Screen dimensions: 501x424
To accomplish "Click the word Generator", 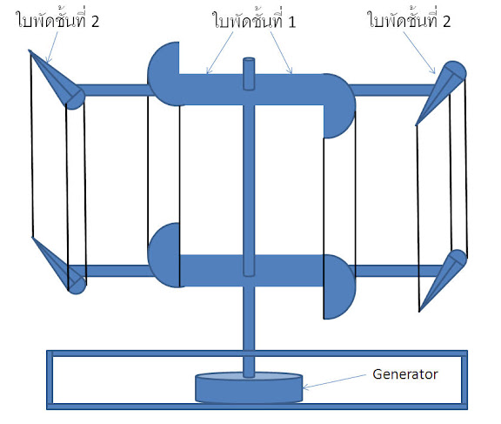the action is click(x=404, y=374).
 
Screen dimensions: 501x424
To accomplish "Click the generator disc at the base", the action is click(x=249, y=387).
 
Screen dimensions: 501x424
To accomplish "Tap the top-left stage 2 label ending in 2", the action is click(x=57, y=20).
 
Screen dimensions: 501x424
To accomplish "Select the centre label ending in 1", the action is click(x=255, y=20).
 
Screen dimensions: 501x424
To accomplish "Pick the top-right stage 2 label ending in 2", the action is click(x=410, y=20).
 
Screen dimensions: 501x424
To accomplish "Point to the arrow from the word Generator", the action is click(x=334, y=381).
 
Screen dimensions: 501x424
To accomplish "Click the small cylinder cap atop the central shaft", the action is click(x=249, y=73).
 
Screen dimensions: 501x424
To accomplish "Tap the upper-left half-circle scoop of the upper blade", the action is click(x=163, y=73).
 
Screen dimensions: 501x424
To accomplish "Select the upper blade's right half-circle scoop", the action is click(x=339, y=106).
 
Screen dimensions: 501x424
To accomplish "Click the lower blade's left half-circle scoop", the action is click(x=164, y=255).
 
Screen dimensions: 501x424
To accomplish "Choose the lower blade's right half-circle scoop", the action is click(x=339, y=286).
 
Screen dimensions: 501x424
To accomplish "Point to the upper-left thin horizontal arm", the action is click(x=112, y=90).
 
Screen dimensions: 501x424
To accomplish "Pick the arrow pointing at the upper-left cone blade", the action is click(x=52, y=47).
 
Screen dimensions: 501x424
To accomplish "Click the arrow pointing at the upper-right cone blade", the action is click(x=419, y=53).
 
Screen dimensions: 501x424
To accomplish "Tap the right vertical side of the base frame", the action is click(x=464, y=380).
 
